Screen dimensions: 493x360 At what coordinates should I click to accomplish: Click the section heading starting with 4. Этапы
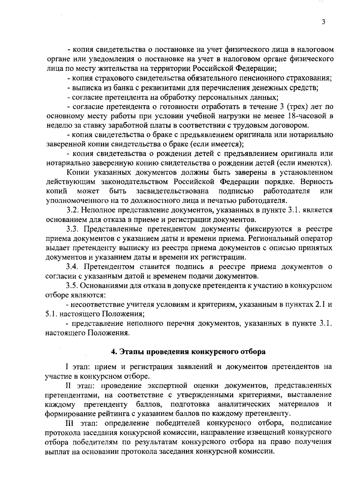[x=188, y=352]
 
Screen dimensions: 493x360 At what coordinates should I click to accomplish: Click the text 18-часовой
[x=305, y=116]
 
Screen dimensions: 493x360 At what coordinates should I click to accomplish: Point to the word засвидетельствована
[x=172, y=191]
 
